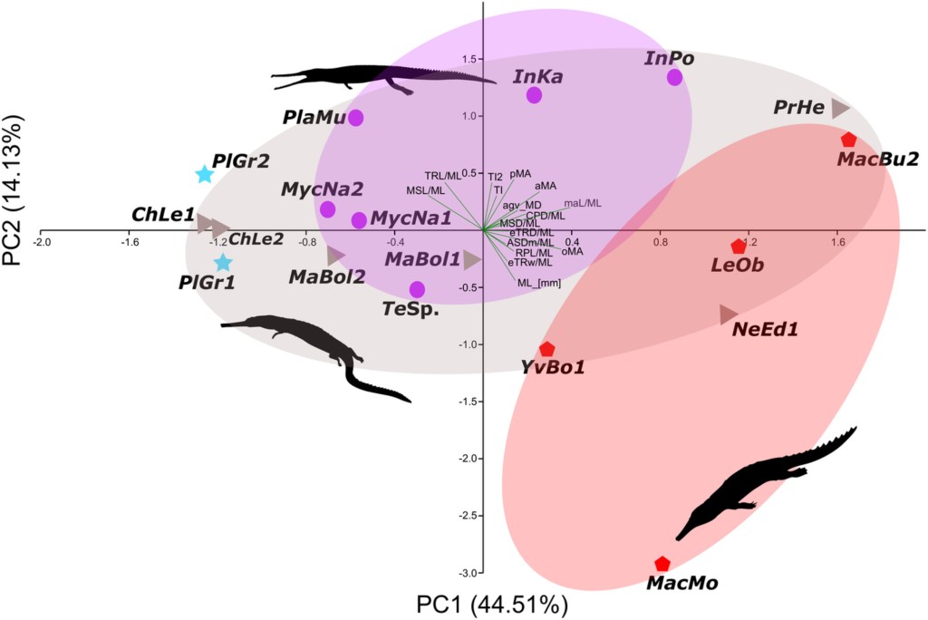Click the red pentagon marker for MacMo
[x=662, y=564]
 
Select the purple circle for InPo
[x=674, y=77]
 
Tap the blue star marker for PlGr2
[x=205, y=174]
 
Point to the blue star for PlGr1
[x=223, y=263]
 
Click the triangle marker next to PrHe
[x=840, y=108]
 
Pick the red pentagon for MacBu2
[x=848, y=140]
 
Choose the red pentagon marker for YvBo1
[x=546, y=349]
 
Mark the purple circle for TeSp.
[x=417, y=289]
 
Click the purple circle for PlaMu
[x=356, y=117]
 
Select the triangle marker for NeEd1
[x=728, y=315]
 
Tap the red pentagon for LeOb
[x=738, y=247]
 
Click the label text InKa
[x=538, y=77]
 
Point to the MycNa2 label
[x=322, y=189]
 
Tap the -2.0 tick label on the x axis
[x=42, y=243]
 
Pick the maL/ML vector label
[x=583, y=203]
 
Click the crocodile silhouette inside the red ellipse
[x=761, y=480]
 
